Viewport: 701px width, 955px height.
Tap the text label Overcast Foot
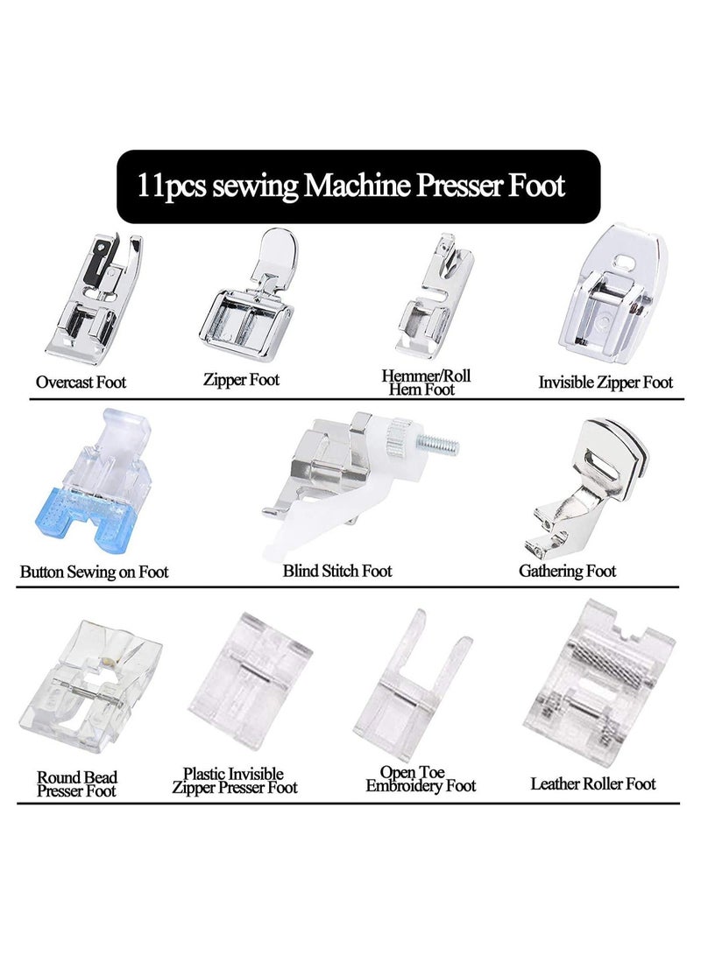click(81, 383)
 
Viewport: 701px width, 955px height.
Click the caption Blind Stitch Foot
click(337, 572)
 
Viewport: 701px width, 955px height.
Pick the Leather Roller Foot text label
click(593, 783)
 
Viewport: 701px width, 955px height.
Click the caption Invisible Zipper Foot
click(605, 383)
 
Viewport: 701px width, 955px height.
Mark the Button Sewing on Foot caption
click(94, 572)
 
